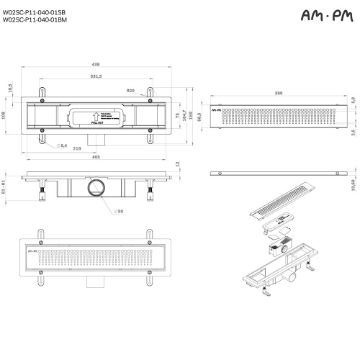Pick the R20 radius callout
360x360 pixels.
click(130, 91)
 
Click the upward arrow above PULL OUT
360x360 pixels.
click(94, 114)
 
